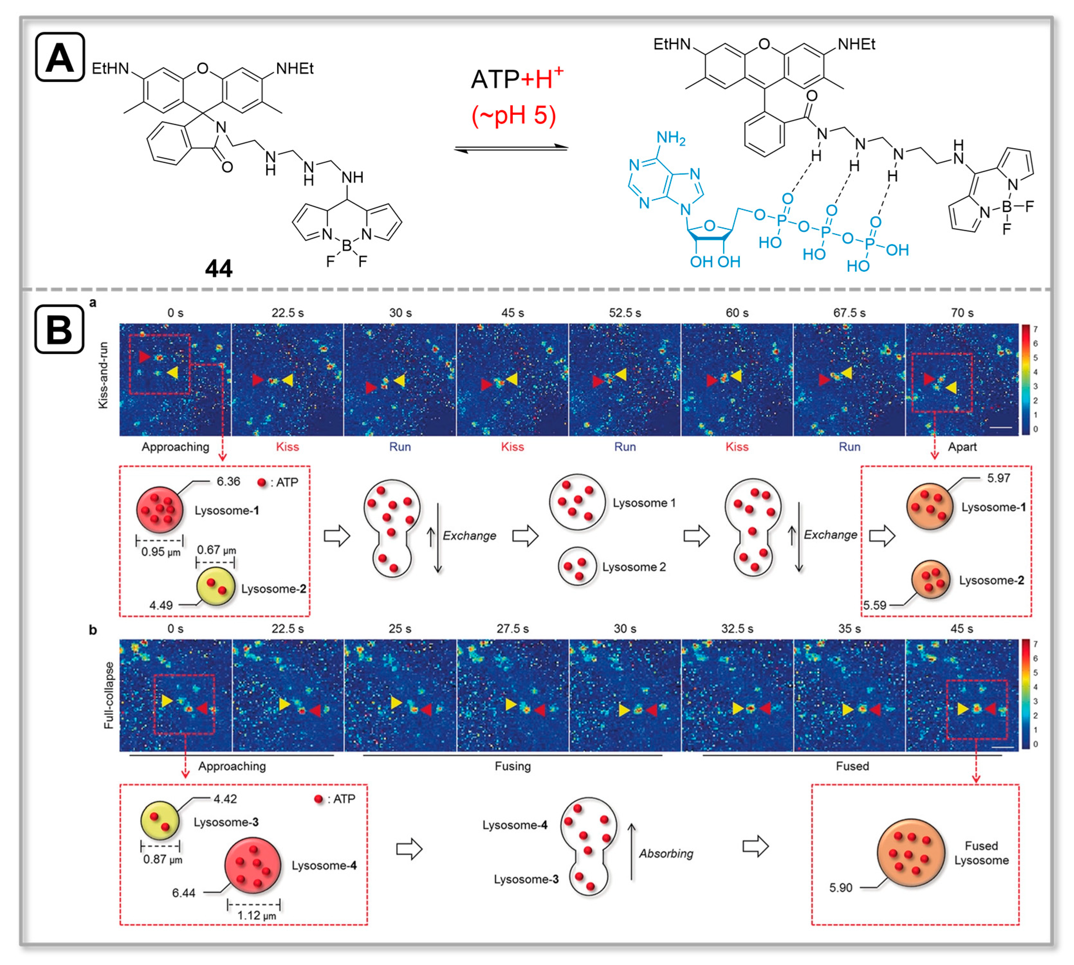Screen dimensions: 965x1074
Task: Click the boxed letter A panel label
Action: (x=60, y=57)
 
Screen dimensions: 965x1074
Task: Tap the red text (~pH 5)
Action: (x=513, y=115)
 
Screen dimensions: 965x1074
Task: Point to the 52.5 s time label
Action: (x=624, y=313)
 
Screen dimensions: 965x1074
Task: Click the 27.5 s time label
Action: (x=512, y=629)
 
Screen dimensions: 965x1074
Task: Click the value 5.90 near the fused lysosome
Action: (x=840, y=888)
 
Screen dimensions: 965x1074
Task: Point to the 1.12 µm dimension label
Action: (x=256, y=916)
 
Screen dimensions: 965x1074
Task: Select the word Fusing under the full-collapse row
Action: (x=512, y=766)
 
